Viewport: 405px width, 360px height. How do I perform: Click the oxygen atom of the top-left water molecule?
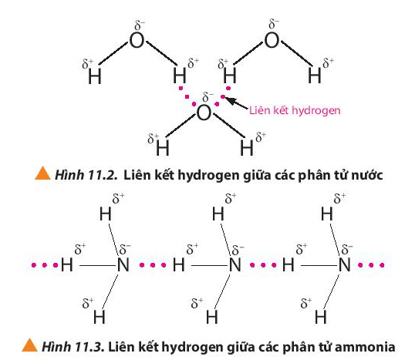pyautogui.click(x=137, y=40)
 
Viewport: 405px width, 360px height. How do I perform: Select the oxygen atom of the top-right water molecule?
pyautogui.click(x=272, y=40)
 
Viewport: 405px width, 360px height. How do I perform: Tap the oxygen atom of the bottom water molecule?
pyautogui.click(x=204, y=113)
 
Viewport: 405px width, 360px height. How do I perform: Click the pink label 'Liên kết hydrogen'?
pyautogui.click(x=295, y=110)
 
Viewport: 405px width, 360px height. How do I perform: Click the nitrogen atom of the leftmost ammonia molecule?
pyautogui.click(x=123, y=265)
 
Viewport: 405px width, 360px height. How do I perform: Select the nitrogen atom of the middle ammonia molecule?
pyautogui.click(x=235, y=265)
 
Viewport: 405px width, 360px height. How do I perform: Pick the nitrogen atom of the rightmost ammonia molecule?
pyautogui.click(x=345, y=265)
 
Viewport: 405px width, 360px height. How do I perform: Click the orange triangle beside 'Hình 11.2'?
pyautogui.click(x=42, y=173)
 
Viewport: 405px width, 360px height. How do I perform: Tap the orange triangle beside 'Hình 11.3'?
pyautogui.click(x=29, y=345)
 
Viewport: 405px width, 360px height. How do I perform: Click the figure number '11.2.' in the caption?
pyautogui.click(x=103, y=175)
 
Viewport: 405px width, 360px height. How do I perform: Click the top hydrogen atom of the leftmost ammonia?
pyautogui.click(x=106, y=214)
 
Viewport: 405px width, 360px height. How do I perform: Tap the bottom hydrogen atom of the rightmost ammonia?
pyautogui.click(x=321, y=317)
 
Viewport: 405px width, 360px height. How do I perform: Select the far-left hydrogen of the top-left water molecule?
pyautogui.click(x=95, y=77)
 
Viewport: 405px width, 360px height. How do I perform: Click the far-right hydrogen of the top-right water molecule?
pyautogui.click(x=315, y=76)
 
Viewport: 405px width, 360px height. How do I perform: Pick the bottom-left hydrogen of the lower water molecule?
pyautogui.click(x=163, y=148)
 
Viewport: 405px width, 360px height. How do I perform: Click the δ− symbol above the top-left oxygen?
pyautogui.click(x=140, y=25)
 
